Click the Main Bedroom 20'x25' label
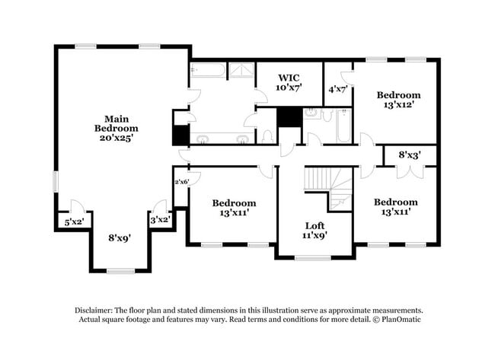click(x=117, y=128)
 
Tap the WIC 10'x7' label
click(x=289, y=82)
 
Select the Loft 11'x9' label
click(x=315, y=231)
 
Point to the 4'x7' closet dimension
click(x=338, y=89)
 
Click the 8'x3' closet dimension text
click(x=410, y=155)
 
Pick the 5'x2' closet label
click(x=74, y=222)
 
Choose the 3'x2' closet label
click(x=161, y=220)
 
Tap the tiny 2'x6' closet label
click(x=182, y=182)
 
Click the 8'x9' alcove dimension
click(x=120, y=237)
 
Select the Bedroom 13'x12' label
click(x=398, y=100)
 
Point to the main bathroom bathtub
click(x=208, y=70)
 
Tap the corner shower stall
click(x=241, y=70)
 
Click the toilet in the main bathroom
click(x=267, y=136)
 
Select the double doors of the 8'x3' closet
click(x=410, y=172)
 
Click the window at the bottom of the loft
click(x=312, y=258)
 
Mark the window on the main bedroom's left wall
click(x=56, y=181)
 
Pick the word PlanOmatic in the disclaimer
click(x=401, y=320)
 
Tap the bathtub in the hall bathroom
click(x=343, y=126)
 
